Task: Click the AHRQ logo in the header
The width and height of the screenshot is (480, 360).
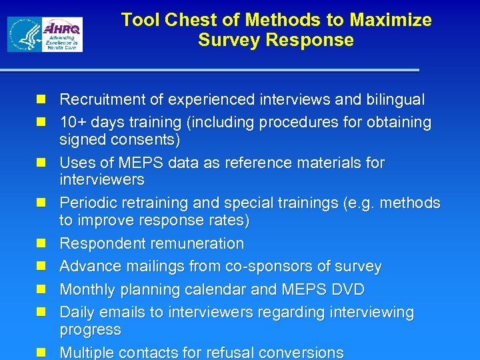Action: [x=61, y=35]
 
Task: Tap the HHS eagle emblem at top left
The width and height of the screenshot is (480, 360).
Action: [x=24, y=35]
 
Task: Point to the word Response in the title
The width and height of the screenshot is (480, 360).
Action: [x=309, y=40]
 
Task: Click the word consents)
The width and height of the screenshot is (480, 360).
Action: [x=146, y=140]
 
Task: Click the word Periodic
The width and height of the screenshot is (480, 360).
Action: [x=88, y=203]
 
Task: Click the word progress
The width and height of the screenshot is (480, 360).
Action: [x=90, y=330]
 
